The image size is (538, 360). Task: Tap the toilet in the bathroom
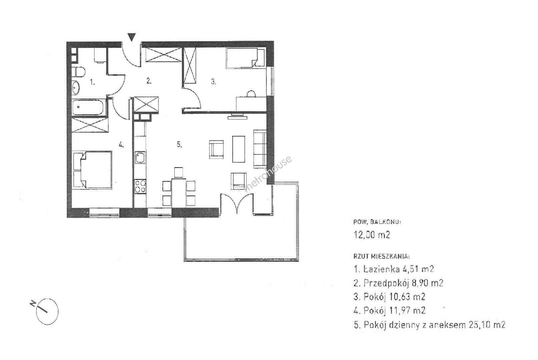point(78,72)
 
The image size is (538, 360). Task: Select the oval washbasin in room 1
point(76,88)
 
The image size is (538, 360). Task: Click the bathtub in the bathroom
point(88,107)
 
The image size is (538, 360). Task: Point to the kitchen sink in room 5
point(140,157)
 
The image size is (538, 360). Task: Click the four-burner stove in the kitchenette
point(140,186)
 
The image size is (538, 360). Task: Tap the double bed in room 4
point(92,170)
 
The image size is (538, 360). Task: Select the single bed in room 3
point(246,58)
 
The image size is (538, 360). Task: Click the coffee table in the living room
point(239,149)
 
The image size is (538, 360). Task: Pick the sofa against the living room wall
point(260,149)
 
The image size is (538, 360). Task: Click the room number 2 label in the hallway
point(149,81)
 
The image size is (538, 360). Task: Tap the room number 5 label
point(179,144)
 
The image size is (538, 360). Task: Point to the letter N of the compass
point(33,304)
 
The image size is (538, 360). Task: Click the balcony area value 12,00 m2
point(372,235)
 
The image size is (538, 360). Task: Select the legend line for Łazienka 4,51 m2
point(394,269)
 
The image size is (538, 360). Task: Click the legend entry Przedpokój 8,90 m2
point(398,283)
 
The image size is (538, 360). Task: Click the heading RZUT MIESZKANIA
point(382,257)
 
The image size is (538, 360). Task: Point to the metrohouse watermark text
point(267,174)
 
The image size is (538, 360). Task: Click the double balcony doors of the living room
point(237,204)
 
